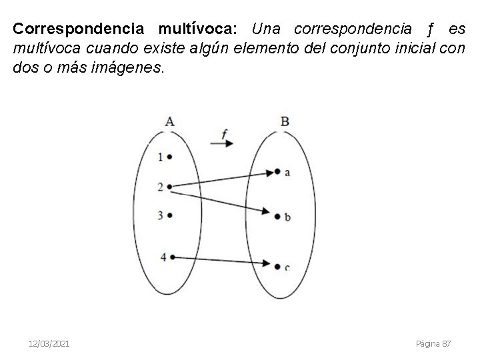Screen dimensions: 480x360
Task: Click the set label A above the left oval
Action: (x=170, y=121)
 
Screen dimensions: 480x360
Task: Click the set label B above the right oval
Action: (x=285, y=121)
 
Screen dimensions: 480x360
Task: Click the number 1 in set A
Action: (x=160, y=157)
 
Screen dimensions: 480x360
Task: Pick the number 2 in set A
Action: (x=160, y=187)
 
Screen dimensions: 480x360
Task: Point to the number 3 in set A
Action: (x=160, y=215)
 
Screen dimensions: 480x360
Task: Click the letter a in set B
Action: (x=287, y=172)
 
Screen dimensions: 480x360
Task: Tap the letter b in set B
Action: (x=287, y=216)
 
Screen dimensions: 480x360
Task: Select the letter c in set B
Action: (x=287, y=267)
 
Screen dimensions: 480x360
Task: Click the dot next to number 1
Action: (x=171, y=157)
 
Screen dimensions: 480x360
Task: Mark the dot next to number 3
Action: (x=171, y=215)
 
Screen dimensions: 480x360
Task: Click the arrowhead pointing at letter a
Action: (x=277, y=172)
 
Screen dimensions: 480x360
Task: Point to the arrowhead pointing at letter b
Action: (x=277, y=215)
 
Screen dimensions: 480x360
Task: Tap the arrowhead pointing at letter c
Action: (x=277, y=265)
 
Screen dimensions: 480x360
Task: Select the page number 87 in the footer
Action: (x=446, y=343)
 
